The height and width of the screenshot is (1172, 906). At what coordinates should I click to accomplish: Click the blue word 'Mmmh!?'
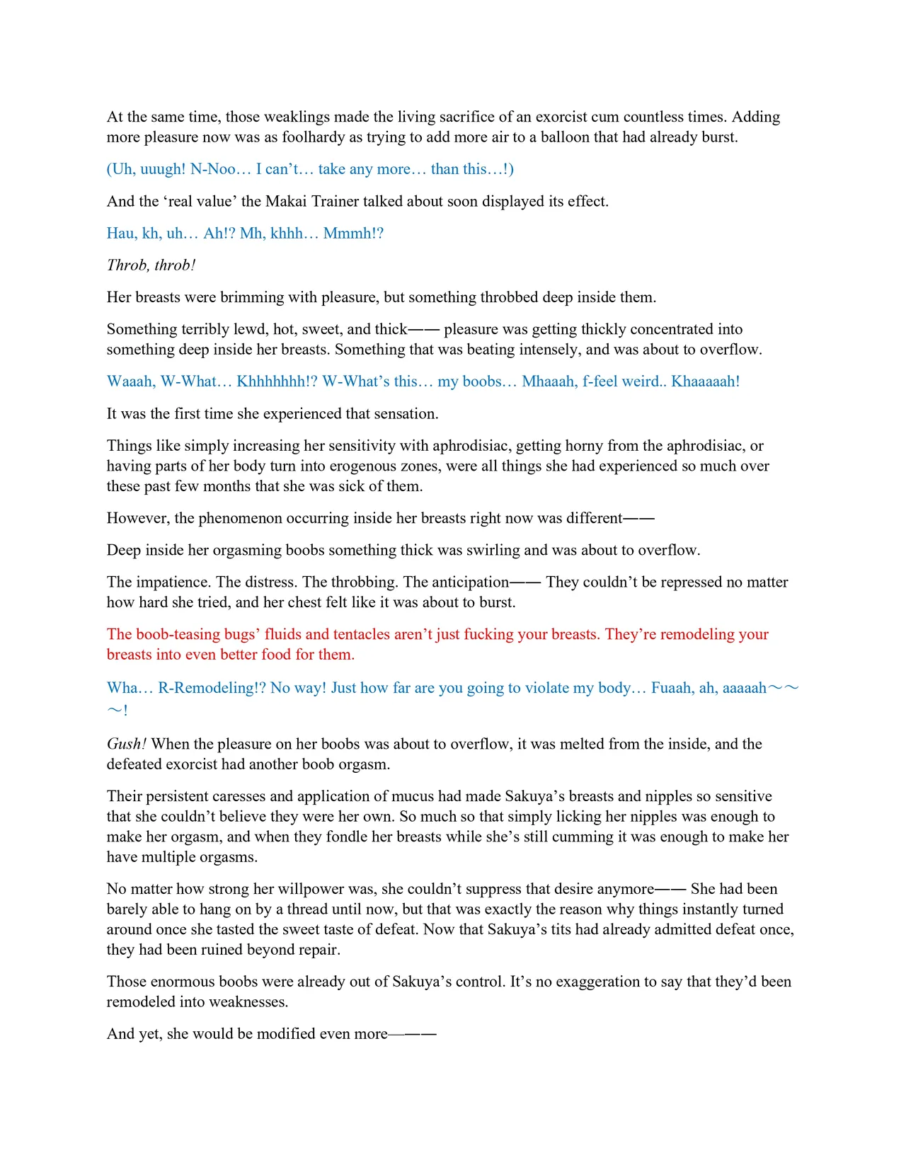pos(353,234)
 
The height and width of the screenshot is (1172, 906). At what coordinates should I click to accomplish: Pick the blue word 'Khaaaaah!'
pos(705,381)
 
